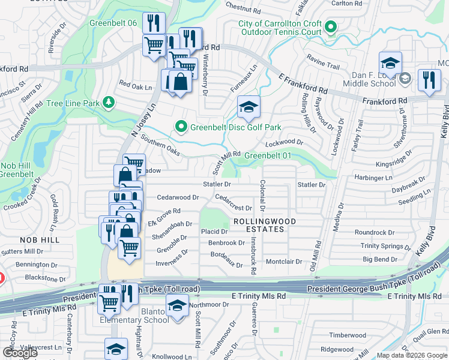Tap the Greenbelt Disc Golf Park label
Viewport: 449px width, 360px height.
click(236, 127)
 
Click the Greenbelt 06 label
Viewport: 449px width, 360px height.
click(113, 23)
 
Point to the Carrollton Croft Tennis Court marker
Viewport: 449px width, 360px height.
click(331, 27)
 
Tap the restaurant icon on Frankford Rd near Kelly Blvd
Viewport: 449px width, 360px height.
click(429, 81)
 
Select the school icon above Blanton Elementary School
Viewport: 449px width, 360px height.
click(176, 307)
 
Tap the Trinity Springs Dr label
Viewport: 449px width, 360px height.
click(386, 246)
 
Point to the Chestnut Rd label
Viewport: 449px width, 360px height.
click(244, 8)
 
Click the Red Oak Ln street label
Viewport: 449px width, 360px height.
click(135, 86)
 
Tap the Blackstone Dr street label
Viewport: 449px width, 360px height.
click(45, 278)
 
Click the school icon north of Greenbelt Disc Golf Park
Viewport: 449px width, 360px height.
click(249, 107)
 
